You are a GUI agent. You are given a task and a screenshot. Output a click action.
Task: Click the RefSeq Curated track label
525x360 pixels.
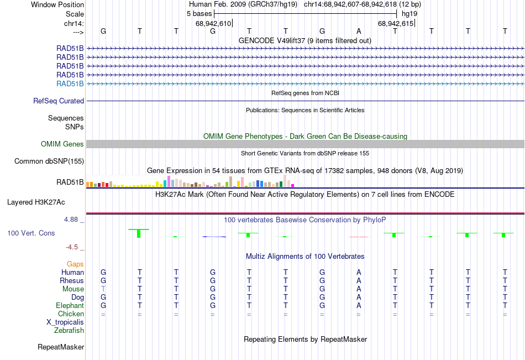coord(59,101)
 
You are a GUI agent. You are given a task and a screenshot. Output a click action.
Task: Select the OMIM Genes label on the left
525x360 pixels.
coord(62,144)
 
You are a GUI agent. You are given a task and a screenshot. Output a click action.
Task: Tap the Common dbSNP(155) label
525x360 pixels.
coord(49,161)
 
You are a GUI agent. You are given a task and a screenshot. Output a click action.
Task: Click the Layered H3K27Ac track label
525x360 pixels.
coord(36,202)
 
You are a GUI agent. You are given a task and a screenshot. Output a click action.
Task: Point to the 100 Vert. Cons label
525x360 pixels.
coord(31,233)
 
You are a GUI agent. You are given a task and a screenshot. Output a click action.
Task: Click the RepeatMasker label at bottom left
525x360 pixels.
coord(61,347)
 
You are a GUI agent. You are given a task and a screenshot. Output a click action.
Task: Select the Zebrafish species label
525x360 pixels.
coord(69,331)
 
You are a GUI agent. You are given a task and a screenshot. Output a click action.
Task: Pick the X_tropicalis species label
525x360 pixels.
coord(65,322)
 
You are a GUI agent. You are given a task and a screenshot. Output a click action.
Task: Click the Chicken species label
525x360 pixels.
coord(71,314)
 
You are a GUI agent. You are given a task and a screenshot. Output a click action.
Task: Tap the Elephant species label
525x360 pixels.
coord(70,306)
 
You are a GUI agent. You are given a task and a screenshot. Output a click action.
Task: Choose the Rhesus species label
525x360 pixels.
coord(72,281)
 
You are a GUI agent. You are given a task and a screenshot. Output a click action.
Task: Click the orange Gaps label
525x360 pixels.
coord(75,264)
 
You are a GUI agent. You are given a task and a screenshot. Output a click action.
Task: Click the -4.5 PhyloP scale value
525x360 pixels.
coord(72,247)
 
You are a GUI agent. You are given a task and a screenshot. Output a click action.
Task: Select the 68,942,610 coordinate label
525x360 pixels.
coord(213,24)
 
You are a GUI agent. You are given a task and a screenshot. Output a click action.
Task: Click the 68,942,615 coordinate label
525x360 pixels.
coord(395,24)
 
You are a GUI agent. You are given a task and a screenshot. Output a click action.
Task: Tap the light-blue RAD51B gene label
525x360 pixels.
coord(70,84)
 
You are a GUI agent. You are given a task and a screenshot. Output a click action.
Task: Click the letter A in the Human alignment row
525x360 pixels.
coord(359,273)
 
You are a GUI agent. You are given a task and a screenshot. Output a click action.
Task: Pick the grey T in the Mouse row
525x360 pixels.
coord(103,289)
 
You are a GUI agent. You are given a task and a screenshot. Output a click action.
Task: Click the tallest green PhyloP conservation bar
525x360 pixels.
coord(139,233)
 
